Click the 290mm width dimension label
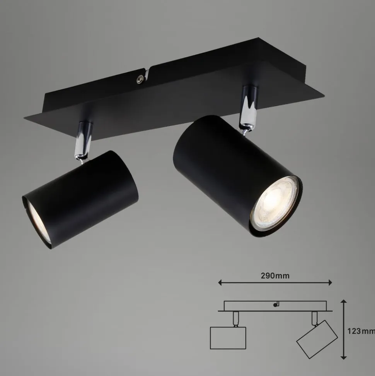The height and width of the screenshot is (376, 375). (x=275, y=276)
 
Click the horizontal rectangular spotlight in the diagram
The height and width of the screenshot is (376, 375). (x=228, y=338)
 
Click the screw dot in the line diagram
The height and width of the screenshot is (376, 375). (x=275, y=305)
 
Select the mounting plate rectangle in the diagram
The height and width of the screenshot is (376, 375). (x=275, y=306)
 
